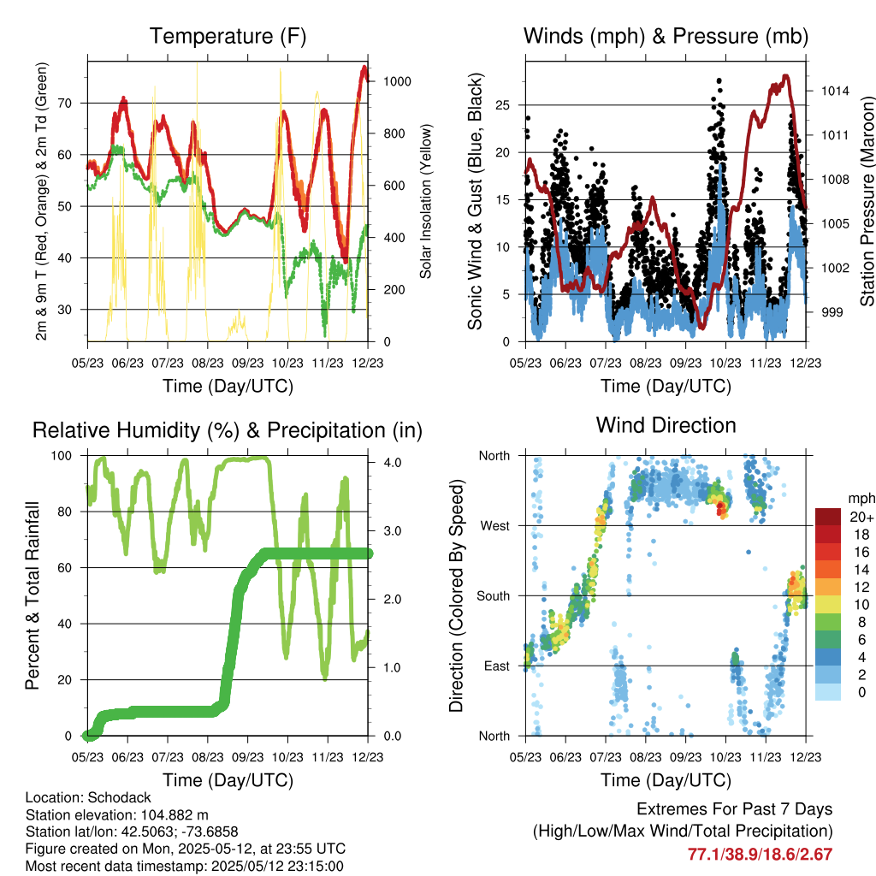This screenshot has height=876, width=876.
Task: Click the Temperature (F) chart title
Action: tap(228, 36)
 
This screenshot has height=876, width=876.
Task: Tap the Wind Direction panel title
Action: tap(666, 424)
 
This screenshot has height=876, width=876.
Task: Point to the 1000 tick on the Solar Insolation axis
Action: tap(399, 81)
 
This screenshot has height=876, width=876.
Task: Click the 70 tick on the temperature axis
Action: tap(74, 104)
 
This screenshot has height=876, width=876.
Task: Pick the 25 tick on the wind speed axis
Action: tap(510, 105)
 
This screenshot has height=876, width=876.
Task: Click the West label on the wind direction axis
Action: tap(494, 525)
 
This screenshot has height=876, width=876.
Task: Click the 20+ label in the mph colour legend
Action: tap(860, 517)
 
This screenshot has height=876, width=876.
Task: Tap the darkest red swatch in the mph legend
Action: tap(827, 517)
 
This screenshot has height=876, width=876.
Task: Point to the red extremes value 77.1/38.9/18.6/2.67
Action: tap(761, 854)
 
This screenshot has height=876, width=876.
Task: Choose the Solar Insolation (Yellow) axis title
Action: tap(425, 201)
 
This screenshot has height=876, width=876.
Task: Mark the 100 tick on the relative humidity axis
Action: tap(68, 456)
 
